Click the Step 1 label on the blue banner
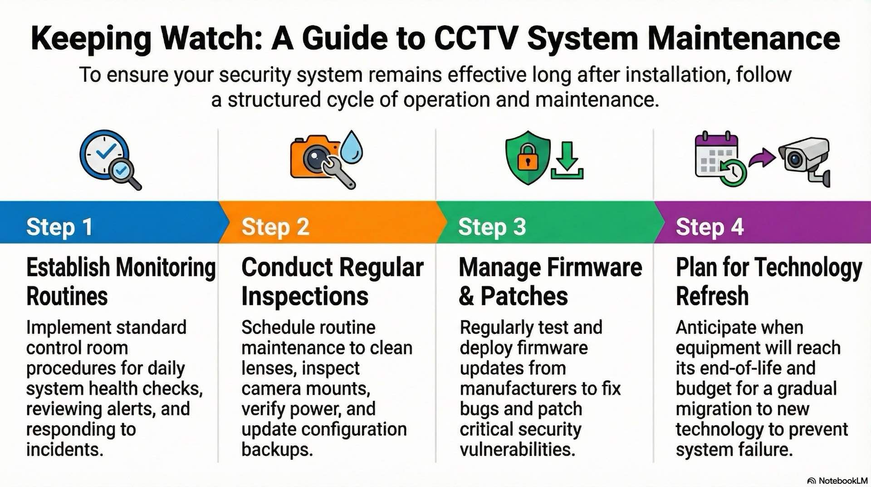coord(59,227)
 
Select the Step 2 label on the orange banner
coord(275,227)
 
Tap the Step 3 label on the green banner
coord(492,227)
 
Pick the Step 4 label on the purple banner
coord(710,227)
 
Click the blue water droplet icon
coord(352,147)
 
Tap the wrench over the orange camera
coord(339,172)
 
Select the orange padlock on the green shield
coord(527,157)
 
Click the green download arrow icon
coord(567,161)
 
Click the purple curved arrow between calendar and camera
coord(762,159)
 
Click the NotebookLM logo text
coord(842,481)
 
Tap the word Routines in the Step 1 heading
coord(67,296)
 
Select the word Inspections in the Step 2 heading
coord(305,296)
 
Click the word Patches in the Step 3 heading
coord(524,296)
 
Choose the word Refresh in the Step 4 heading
coord(712,296)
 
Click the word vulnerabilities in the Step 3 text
coord(517,449)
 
